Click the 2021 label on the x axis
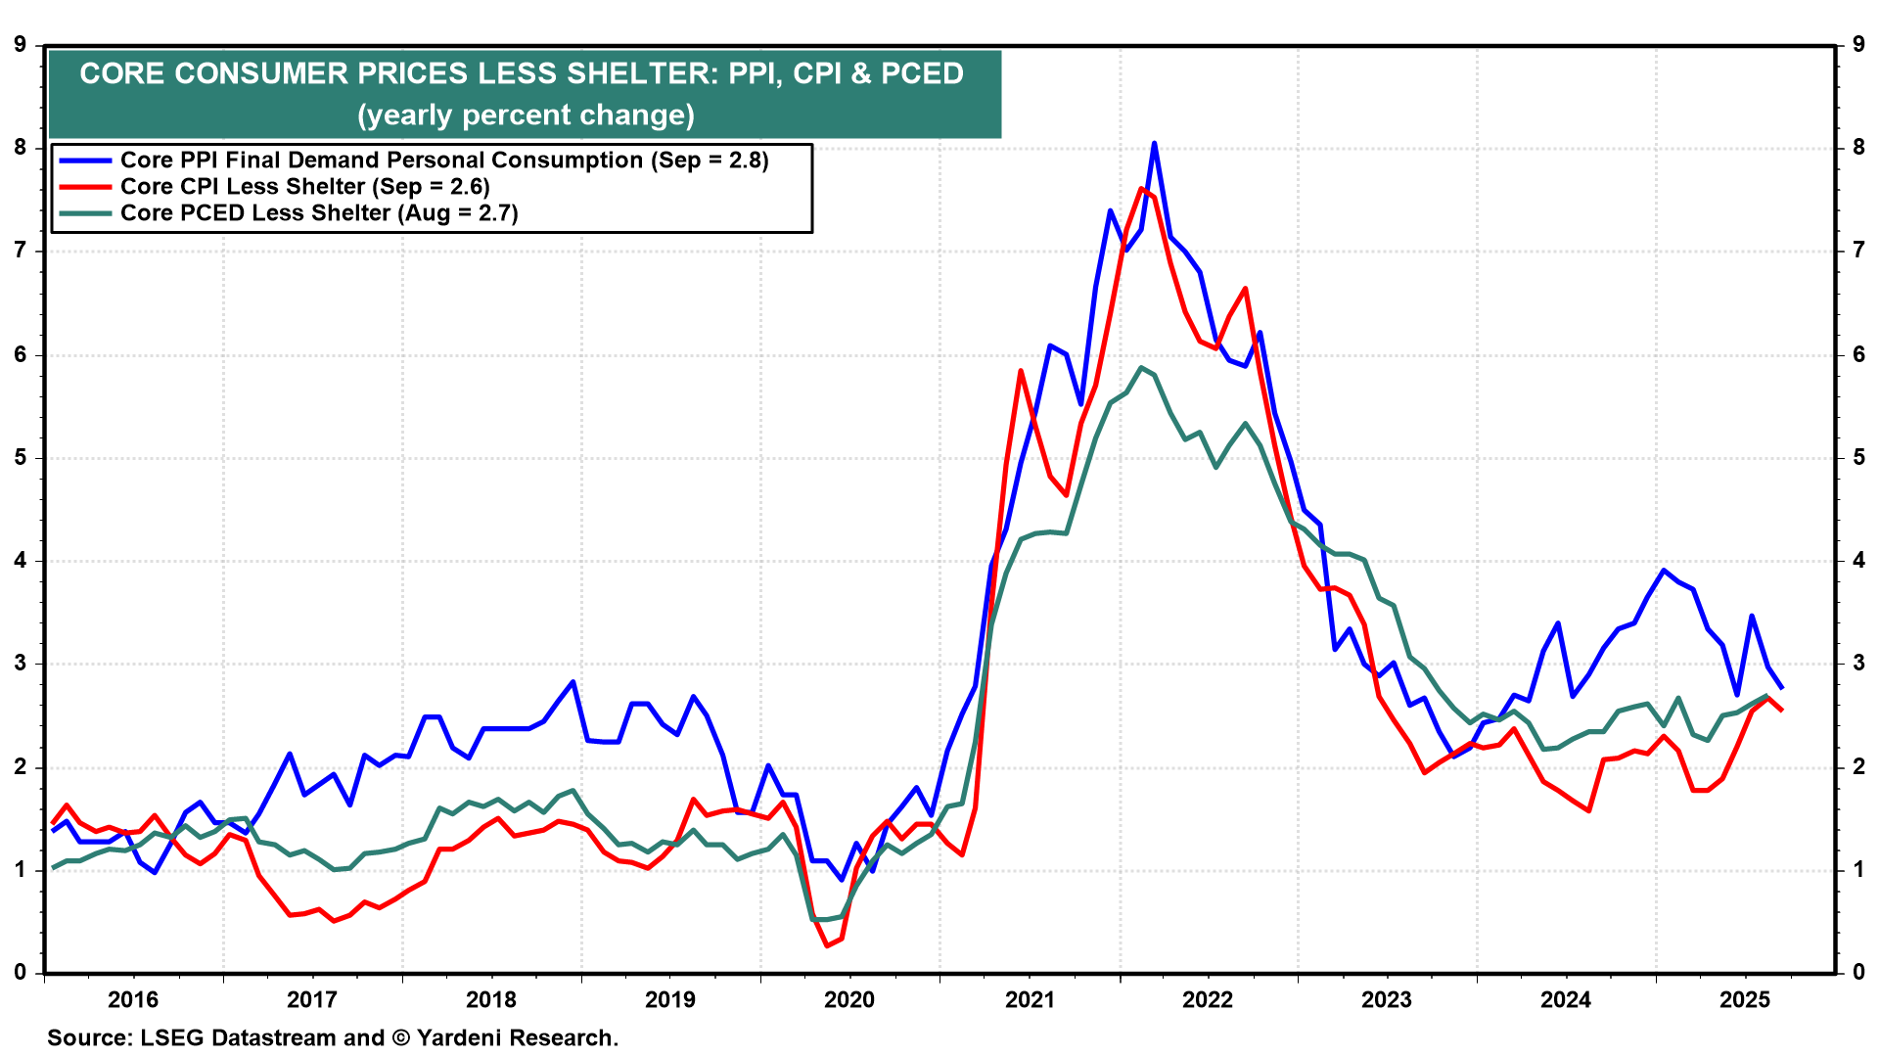1029,999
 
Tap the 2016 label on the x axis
133,999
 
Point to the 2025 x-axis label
1745,999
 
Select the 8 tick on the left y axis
21,148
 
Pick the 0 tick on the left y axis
21,973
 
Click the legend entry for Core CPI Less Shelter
304,187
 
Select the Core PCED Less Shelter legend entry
318,213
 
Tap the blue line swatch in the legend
85,161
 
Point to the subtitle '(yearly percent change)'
526,115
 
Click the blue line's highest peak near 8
1154,143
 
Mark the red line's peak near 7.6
1141,188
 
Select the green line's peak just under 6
1141,368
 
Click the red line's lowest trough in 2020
827,945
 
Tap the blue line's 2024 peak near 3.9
1664,570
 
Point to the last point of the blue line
1782,688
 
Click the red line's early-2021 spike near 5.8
1021,371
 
